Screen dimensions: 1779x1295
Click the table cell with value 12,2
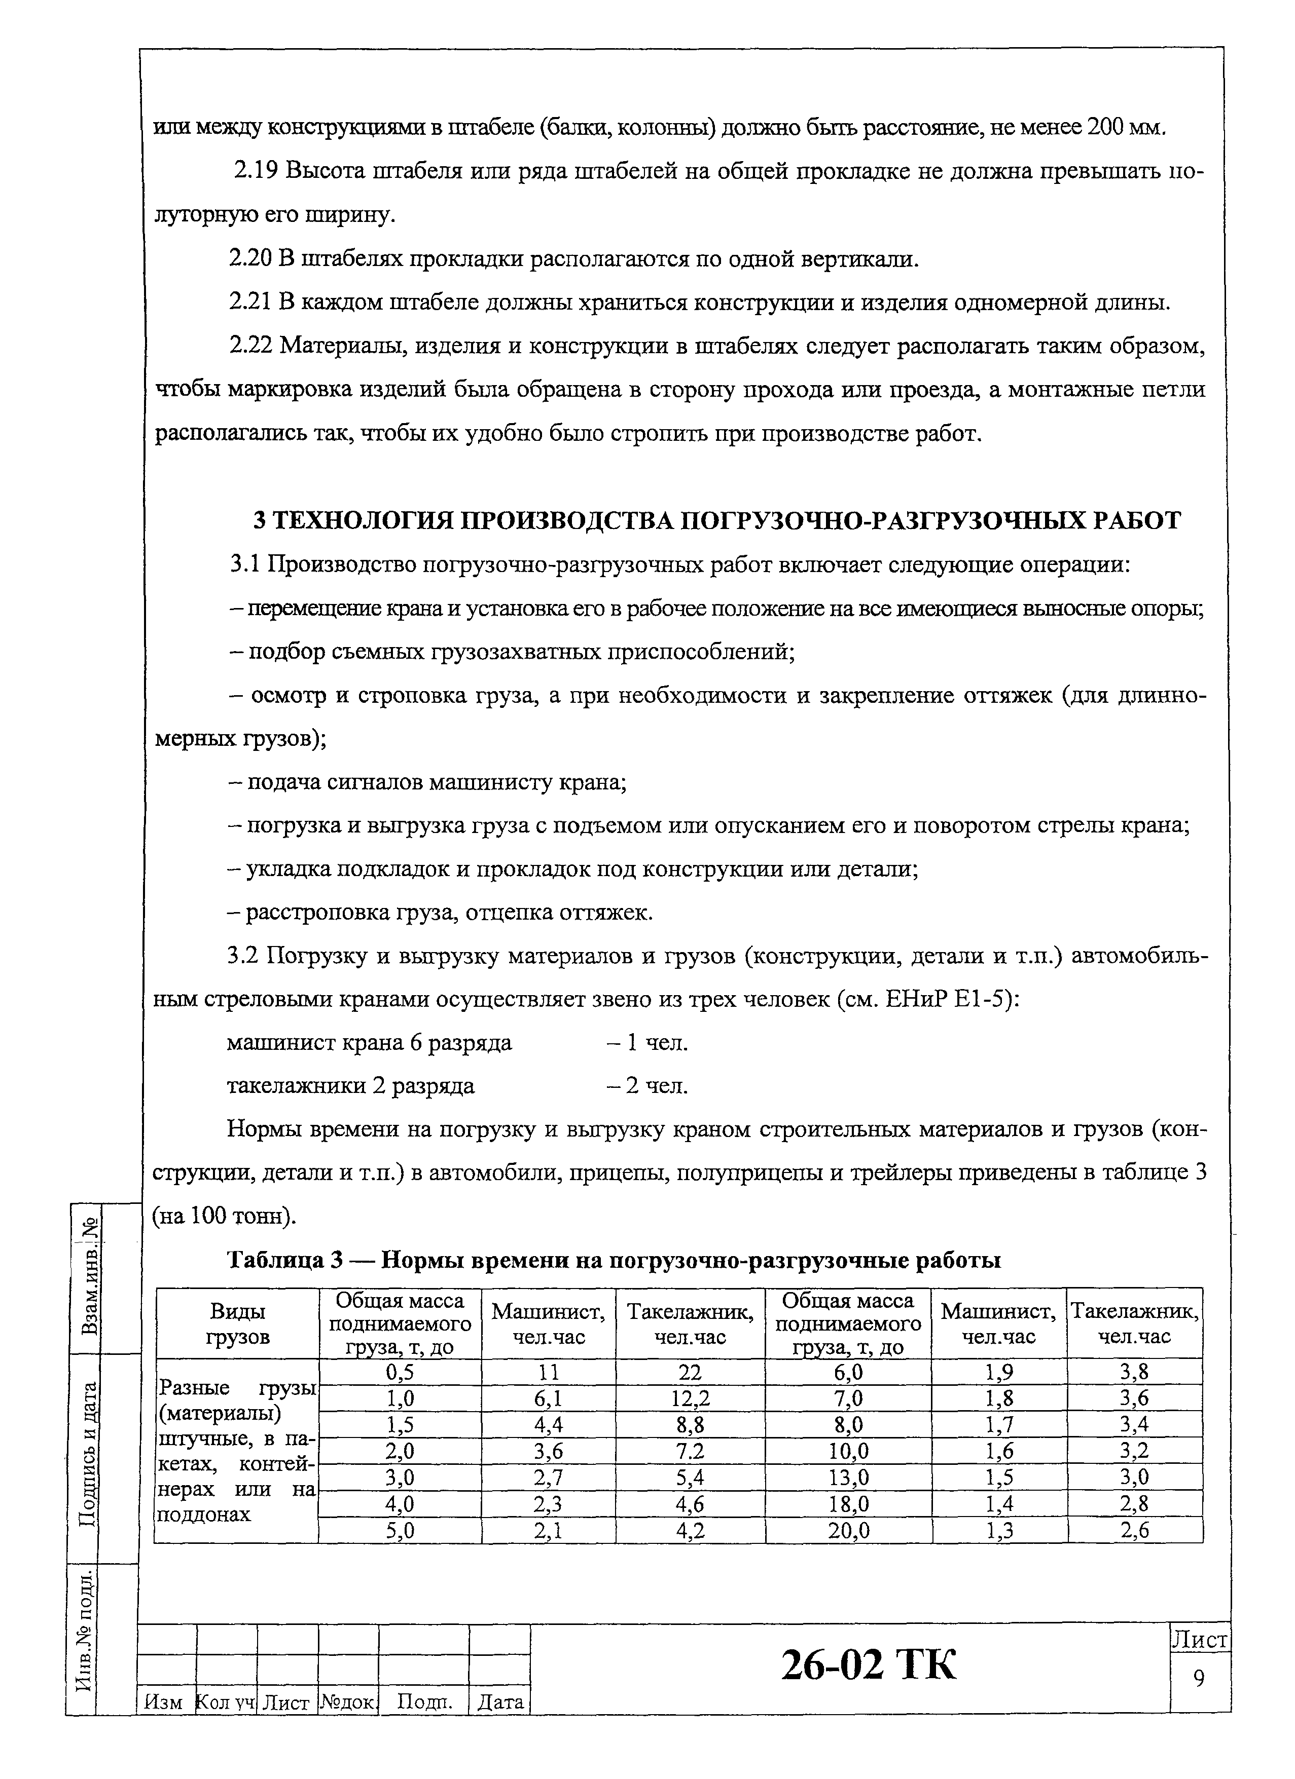click(x=690, y=1398)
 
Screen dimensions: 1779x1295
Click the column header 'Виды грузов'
click(x=237, y=1323)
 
